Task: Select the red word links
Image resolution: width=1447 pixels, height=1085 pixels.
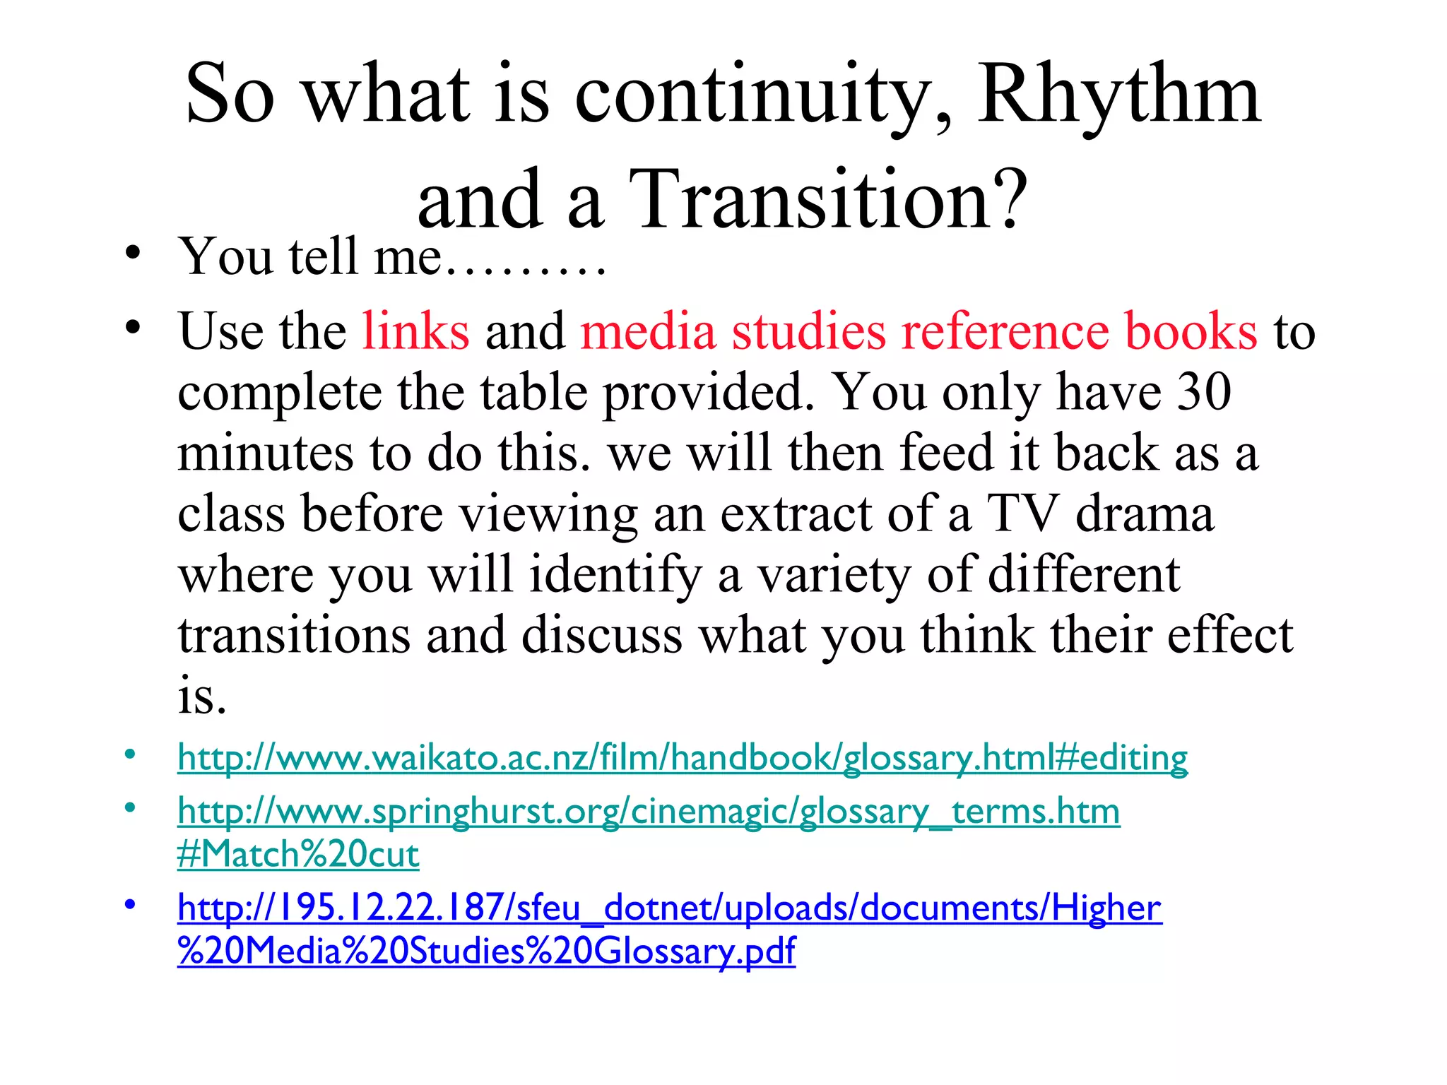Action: pos(415,331)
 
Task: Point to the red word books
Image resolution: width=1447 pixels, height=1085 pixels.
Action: pos(1191,331)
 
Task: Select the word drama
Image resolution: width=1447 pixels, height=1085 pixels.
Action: pos(1145,513)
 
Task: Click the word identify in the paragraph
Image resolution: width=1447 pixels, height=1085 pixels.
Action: pos(615,574)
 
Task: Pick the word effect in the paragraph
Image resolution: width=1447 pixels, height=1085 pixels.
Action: pos(1230,634)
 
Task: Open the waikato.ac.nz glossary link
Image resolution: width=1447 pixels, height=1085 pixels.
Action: pos(683,757)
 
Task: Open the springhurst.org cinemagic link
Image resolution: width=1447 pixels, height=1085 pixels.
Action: pos(649,811)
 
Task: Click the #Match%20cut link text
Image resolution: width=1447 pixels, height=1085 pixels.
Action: pos(298,855)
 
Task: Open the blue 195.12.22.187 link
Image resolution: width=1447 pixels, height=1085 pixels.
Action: pos(669,908)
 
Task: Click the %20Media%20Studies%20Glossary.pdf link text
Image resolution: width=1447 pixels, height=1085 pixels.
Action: pos(486,951)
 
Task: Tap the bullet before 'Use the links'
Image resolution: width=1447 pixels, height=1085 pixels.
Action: pos(131,326)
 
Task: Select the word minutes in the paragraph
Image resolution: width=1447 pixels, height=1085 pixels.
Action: pos(265,453)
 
